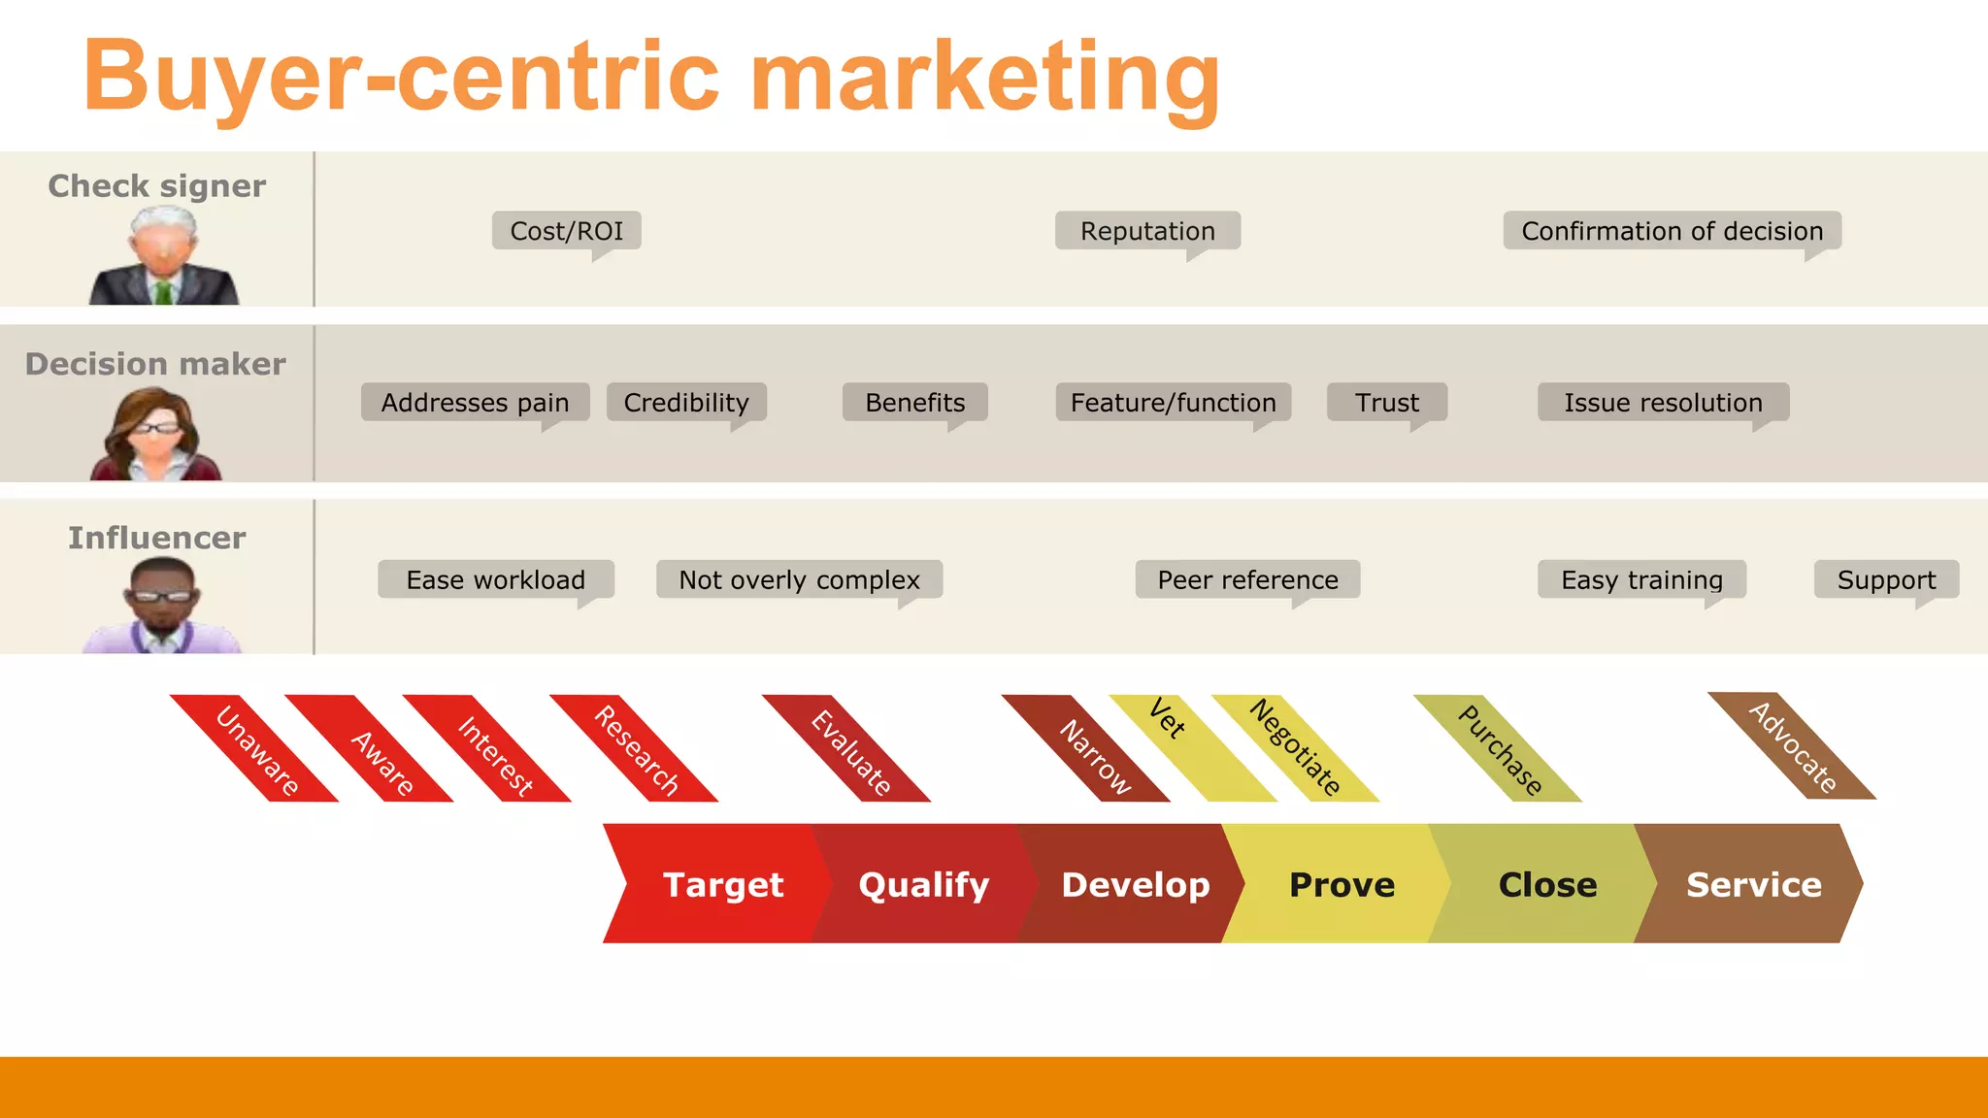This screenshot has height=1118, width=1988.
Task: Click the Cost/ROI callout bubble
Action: click(566, 231)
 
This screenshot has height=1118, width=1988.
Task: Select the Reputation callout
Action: click(1147, 231)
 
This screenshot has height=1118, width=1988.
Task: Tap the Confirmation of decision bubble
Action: click(1672, 231)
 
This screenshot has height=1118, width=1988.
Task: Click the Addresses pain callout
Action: click(475, 402)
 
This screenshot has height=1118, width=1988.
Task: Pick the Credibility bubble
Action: click(686, 402)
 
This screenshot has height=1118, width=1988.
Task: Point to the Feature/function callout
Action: click(1173, 402)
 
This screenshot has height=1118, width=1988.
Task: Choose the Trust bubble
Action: click(1387, 402)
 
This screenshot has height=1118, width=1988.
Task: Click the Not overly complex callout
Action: click(799, 579)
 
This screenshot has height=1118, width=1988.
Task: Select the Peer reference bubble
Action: click(1247, 579)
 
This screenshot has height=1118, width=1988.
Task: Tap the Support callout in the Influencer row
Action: click(1886, 579)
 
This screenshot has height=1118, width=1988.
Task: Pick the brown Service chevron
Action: click(1753, 884)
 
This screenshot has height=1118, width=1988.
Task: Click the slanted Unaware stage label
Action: click(255, 749)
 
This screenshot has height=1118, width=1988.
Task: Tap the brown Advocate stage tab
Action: click(1792, 746)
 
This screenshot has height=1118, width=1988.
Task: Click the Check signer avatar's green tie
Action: click(163, 290)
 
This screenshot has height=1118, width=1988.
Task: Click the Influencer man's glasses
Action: click(161, 595)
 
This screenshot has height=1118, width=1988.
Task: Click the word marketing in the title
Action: click(984, 78)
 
